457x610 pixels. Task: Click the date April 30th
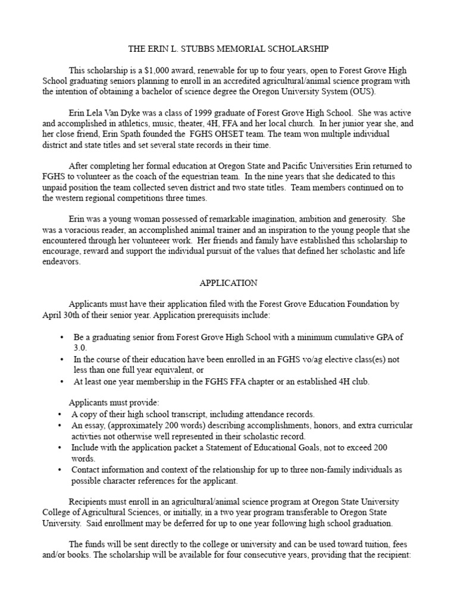(64, 315)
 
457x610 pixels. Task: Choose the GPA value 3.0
(80, 347)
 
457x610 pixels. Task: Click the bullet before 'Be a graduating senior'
(62, 337)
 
